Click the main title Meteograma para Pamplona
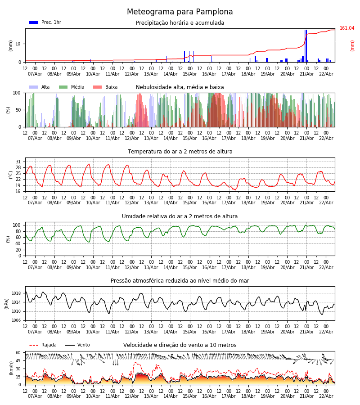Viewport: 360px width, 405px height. point(180,12)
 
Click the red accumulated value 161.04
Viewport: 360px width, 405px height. point(346,28)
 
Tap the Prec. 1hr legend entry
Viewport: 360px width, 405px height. point(45,22)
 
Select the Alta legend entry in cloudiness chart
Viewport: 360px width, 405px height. point(40,87)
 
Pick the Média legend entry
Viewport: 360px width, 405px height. point(72,87)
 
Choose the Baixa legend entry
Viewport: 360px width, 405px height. point(106,87)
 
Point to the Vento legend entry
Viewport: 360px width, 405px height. point(78,345)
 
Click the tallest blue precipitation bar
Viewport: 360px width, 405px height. point(306,45)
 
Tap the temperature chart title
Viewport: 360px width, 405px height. point(180,152)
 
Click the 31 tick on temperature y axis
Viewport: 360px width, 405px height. point(18,162)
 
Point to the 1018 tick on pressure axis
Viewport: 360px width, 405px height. point(16,293)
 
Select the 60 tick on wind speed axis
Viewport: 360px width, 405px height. point(18,353)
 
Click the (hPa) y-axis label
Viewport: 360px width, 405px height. point(7,303)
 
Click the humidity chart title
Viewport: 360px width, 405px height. point(180,216)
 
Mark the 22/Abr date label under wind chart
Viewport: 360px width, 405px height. point(326,396)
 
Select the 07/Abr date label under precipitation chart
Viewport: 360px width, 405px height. point(35,74)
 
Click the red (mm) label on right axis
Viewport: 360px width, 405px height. point(352,45)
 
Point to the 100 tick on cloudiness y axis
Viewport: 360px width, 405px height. point(18,93)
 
